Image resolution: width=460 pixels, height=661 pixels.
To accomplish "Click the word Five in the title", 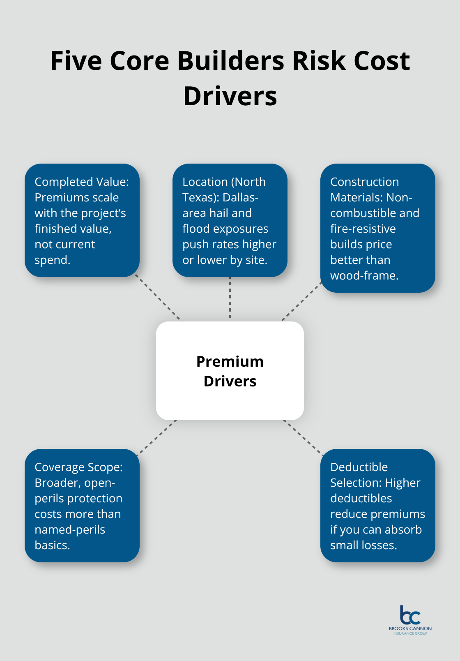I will point(76,61).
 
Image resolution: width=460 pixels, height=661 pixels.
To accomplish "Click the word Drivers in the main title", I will point(230,96).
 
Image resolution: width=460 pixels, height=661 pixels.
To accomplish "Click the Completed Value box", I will point(82,220).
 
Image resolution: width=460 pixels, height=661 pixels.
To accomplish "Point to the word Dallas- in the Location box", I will point(240,197).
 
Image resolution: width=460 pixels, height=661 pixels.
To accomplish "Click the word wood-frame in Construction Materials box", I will point(364,275).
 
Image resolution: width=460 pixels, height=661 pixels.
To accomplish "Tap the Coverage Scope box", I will point(82,506).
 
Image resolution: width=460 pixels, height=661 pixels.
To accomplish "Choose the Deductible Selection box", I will point(377,506).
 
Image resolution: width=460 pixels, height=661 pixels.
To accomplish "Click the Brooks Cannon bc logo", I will point(410,615).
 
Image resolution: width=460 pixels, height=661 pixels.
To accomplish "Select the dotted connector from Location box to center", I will point(230,298).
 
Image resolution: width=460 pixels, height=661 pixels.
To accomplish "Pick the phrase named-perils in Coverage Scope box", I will point(70,529).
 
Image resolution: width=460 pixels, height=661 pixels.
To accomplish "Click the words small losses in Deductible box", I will point(363,545).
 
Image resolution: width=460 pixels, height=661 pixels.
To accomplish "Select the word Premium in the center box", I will point(230,361).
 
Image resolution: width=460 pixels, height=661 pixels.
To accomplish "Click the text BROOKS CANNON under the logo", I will point(410,629).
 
